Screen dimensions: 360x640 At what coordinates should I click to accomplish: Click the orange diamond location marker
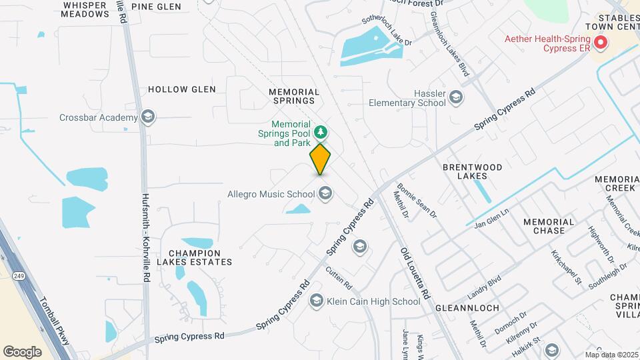click(x=321, y=159)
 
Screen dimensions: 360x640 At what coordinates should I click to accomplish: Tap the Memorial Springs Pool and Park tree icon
click(x=321, y=132)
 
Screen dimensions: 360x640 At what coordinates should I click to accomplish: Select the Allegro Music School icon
click(x=325, y=194)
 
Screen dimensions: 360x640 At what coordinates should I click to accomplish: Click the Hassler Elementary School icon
click(x=456, y=98)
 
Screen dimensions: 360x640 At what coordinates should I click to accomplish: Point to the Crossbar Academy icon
click(x=148, y=118)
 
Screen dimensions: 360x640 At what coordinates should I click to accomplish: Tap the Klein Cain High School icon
click(x=317, y=301)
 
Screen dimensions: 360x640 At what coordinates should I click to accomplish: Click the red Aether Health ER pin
click(x=601, y=44)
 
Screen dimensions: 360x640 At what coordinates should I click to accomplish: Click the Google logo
click(x=22, y=351)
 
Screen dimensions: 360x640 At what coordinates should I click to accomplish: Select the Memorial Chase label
click(x=544, y=226)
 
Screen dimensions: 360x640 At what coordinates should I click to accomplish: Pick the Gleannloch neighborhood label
click(x=463, y=309)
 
